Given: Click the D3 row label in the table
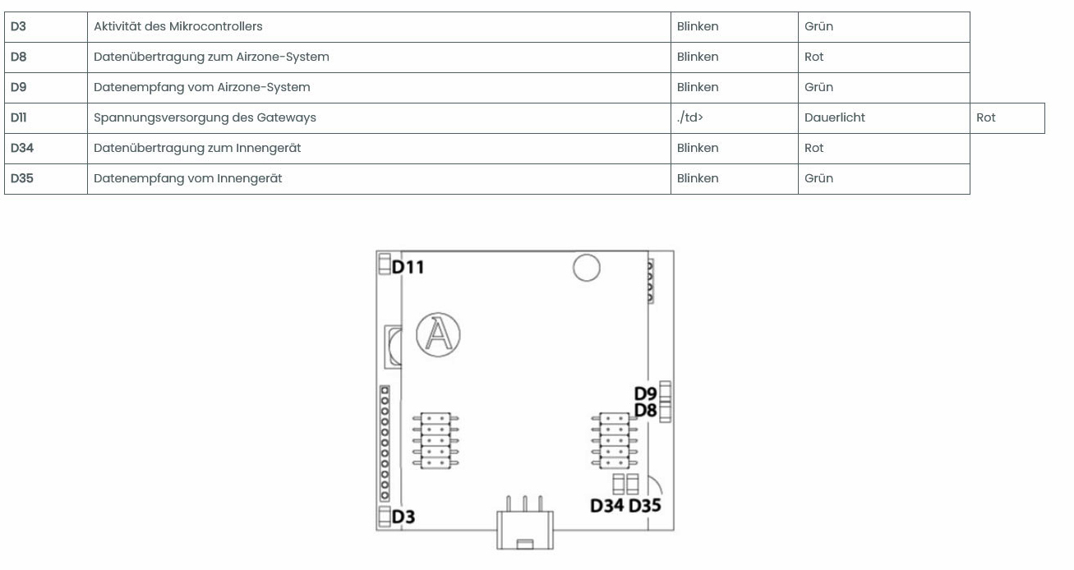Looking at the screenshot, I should tap(18, 26).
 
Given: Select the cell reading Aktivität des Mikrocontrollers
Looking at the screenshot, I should tap(178, 26).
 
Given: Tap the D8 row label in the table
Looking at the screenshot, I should tap(18, 57).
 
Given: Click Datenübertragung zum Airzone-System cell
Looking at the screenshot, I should tap(211, 57).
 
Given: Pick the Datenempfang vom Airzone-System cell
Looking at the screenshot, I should tap(201, 87).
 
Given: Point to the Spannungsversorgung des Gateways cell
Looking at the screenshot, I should tap(205, 117).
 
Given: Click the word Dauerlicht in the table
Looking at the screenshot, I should tap(834, 117).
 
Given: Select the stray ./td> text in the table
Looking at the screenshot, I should tap(689, 117).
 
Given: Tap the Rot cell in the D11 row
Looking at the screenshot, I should tap(986, 117).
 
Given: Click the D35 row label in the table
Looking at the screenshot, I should tap(21, 178).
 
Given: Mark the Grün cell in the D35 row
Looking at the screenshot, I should tap(818, 178).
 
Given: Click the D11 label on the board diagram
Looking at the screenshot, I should tap(408, 267).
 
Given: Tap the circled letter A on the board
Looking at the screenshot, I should tap(437, 335).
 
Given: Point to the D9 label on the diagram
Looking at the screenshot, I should tap(645, 393).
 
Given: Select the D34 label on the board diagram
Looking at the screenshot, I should tap(607, 505).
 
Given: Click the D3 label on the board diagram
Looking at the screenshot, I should tap(403, 517).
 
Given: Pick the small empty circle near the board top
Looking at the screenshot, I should tap(586, 268).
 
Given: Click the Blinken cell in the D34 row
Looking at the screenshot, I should tap(698, 148).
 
